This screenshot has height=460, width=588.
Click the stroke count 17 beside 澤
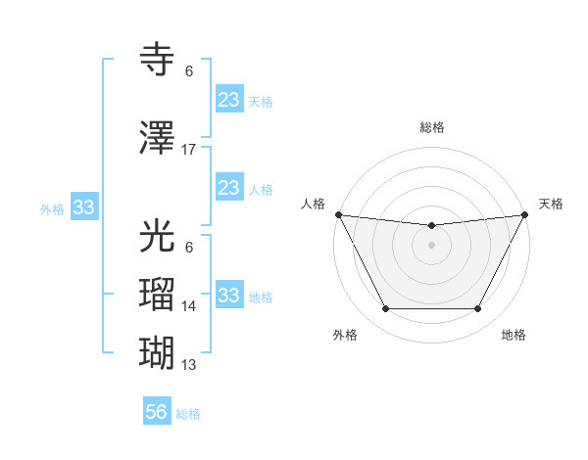coord(189,150)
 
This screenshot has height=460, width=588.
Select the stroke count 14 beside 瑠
coord(189,306)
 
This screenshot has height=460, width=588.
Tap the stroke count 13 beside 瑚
coord(189,365)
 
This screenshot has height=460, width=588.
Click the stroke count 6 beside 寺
coord(189,71)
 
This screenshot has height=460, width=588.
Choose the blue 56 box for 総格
coord(156,412)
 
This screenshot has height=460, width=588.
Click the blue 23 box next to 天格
coord(228,99)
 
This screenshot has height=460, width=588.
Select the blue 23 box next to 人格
coord(228,188)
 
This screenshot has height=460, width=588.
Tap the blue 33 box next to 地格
coord(228,296)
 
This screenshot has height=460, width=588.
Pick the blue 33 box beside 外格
coord(83,207)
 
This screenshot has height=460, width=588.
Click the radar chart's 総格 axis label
coord(431,127)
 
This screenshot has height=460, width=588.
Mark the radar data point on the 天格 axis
coord(526,214)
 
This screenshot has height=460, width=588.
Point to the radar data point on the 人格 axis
coord(338,214)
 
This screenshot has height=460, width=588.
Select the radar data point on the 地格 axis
coord(478,309)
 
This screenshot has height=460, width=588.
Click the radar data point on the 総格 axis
coord(431,226)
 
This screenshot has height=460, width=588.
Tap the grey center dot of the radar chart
coord(431,245)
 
